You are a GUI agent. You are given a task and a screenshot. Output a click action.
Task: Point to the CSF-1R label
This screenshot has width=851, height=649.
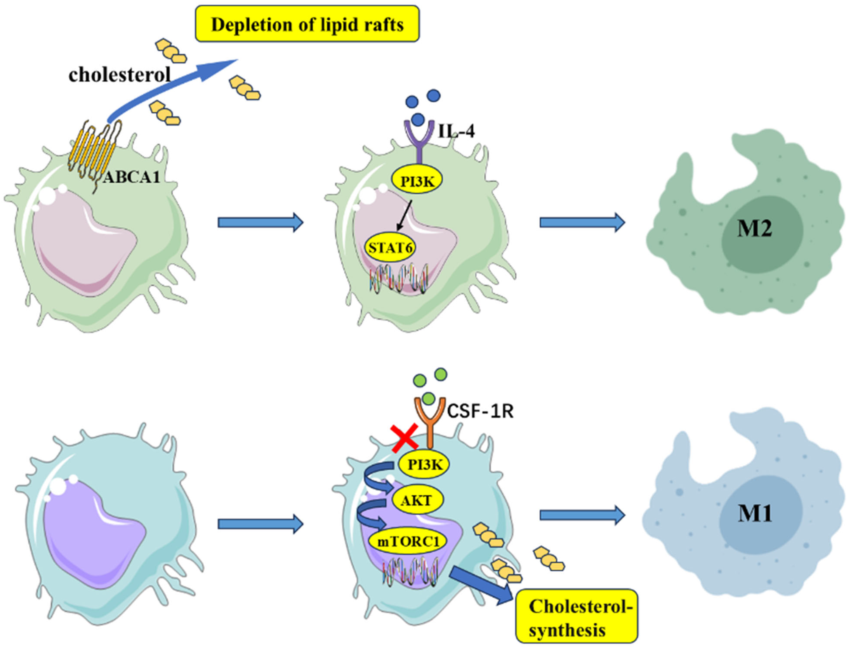coord(480,412)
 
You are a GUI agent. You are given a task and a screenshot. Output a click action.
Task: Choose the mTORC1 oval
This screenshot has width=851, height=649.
coord(408,542)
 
